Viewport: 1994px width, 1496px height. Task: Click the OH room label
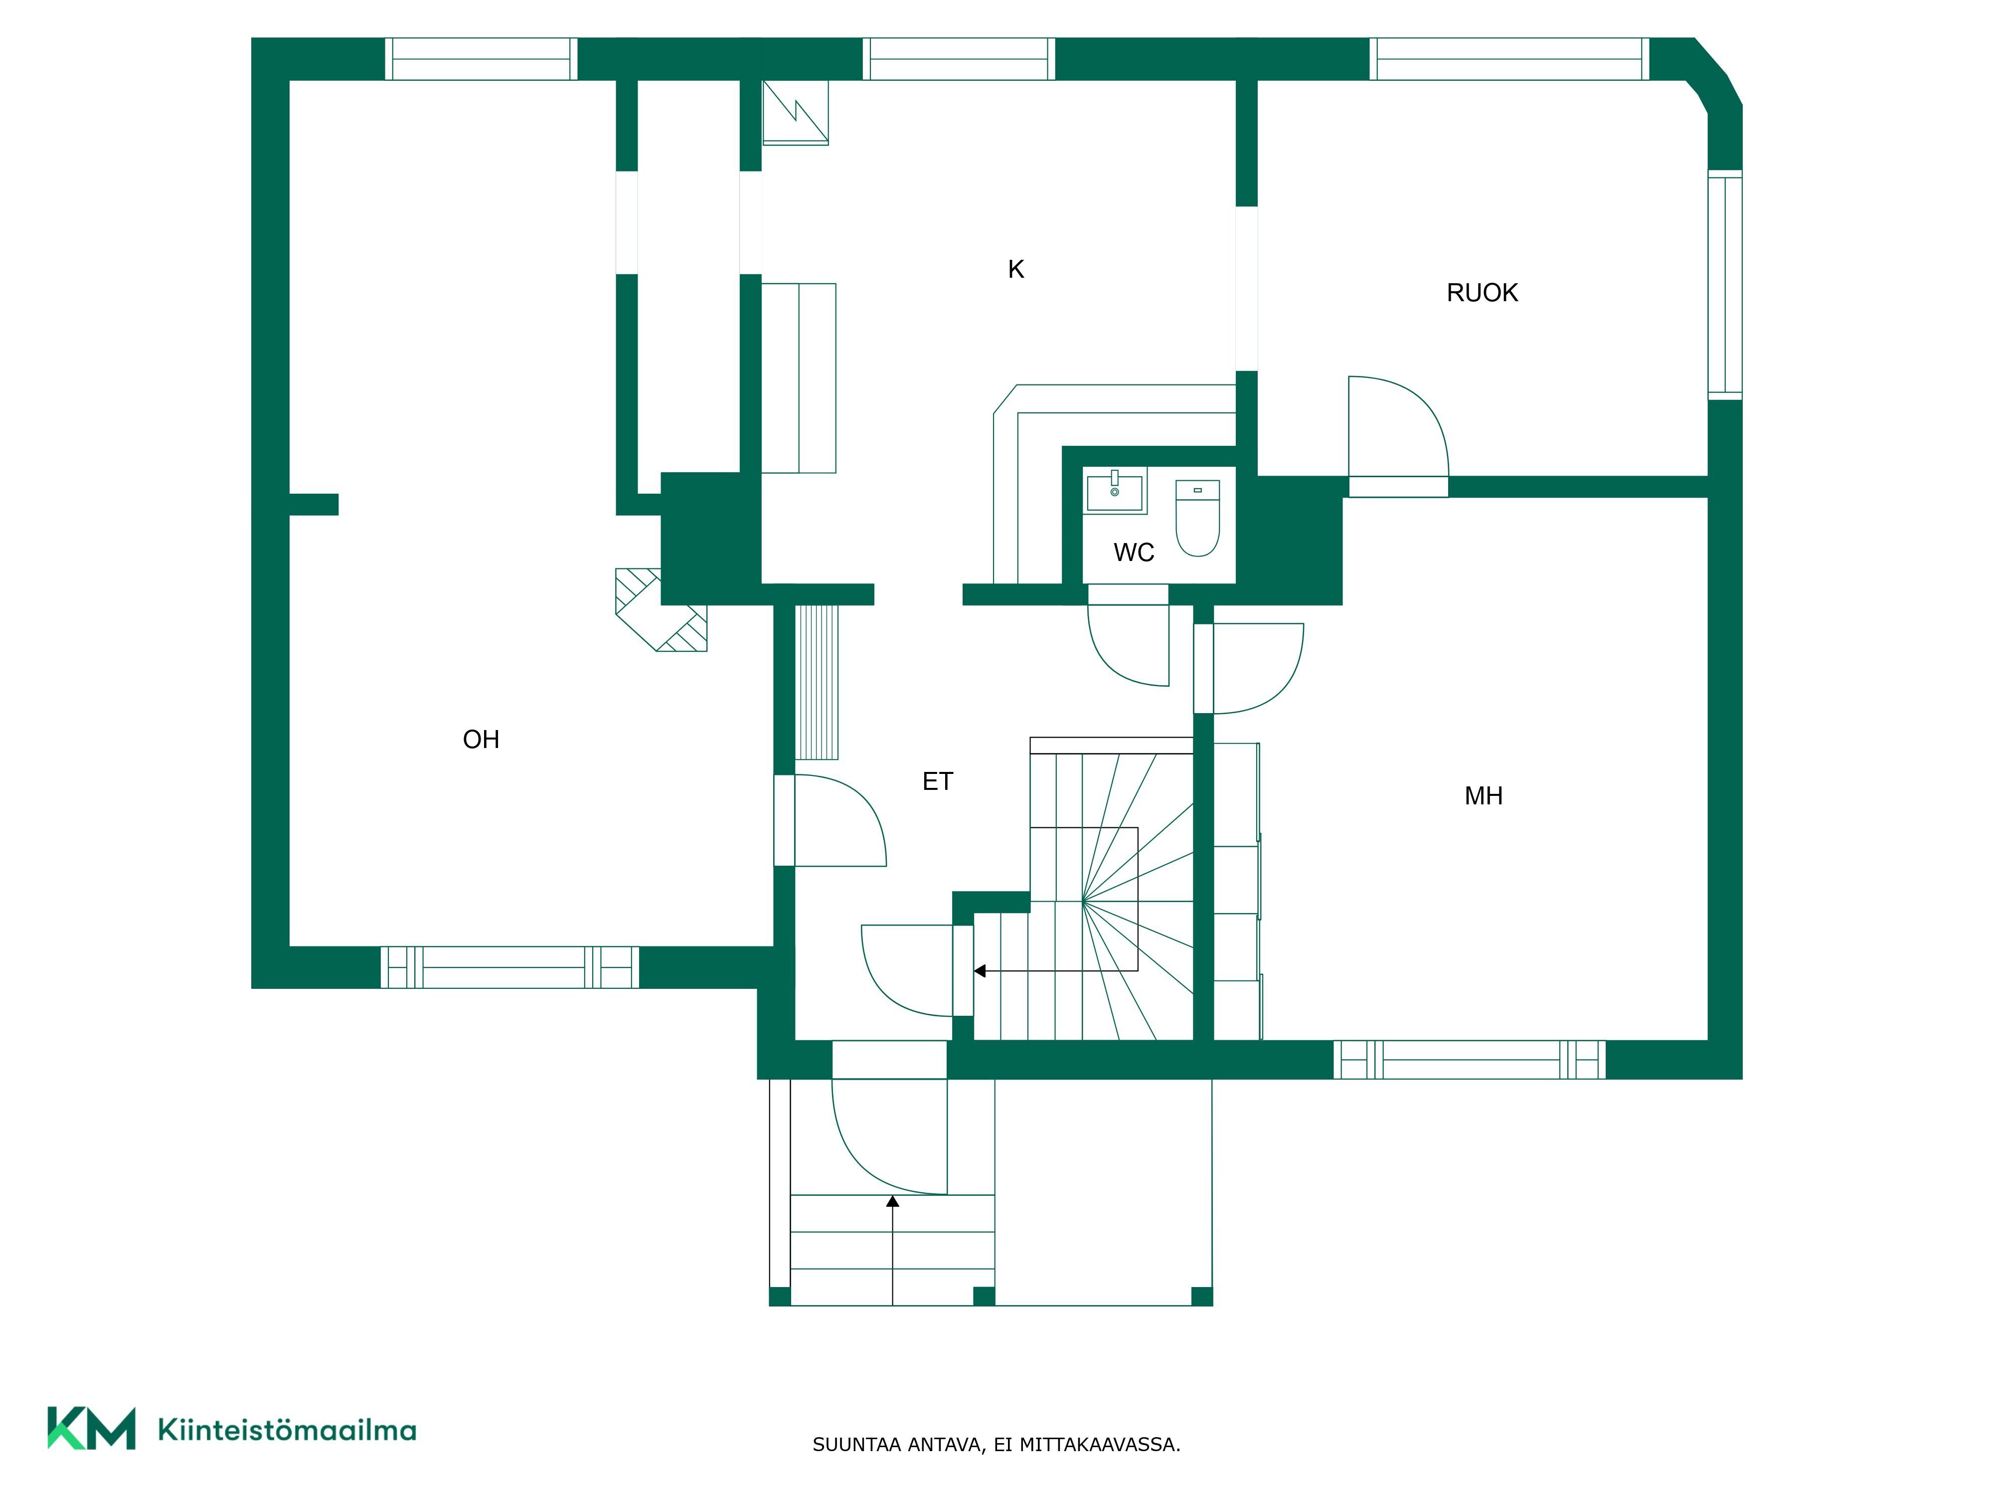(481, 740)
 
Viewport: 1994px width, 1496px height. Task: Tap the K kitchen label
(1016, 269)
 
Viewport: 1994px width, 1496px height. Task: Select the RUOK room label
(1482, 292)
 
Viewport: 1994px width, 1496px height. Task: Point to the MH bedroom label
(1483, 795)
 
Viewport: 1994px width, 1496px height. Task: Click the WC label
(1133, 552)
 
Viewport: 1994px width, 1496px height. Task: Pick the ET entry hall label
(938, 781)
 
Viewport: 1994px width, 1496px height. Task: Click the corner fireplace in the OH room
(661, 609)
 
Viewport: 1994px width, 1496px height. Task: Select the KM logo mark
(91, 1428)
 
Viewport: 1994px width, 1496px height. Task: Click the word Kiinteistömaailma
(287, 1429)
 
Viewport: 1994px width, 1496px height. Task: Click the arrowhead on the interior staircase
(980, 971)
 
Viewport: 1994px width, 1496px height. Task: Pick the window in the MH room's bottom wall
(1470, 1060)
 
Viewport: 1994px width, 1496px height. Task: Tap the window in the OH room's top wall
(482, 59)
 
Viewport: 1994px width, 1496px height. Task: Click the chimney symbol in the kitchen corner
(795, 113)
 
